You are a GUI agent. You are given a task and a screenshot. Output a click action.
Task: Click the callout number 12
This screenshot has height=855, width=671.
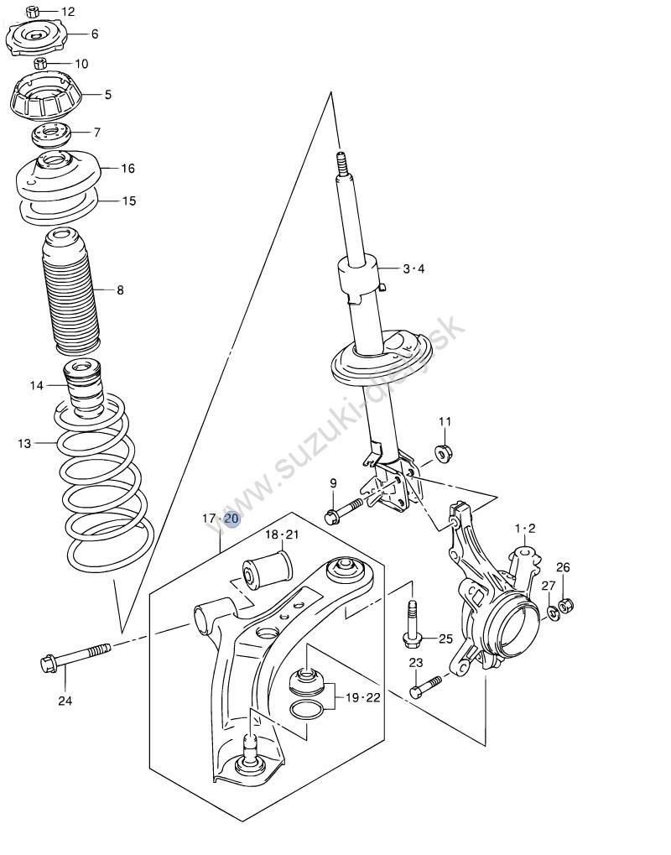click(68, 12)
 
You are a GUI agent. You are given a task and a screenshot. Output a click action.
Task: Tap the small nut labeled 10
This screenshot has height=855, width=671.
click(40, 63)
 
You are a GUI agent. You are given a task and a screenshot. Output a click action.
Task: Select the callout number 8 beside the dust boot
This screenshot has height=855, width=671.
click(120, 290)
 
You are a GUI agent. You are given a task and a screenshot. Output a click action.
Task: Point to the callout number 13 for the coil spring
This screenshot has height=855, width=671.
click(24, 442)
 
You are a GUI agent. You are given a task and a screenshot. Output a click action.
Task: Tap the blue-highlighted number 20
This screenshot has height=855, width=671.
click(231, 519)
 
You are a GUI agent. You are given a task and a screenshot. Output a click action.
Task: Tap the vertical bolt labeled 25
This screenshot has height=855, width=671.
click(412, 625)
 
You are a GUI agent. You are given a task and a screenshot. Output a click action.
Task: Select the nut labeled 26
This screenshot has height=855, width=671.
click(564, 603)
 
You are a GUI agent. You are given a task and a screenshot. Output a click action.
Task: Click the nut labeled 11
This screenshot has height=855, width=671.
click(444, 454)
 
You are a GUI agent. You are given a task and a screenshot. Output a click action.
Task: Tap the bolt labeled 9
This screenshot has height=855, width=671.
click(344, 509)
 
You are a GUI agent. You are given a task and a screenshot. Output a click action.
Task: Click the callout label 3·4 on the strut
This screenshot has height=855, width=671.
click(414, 268)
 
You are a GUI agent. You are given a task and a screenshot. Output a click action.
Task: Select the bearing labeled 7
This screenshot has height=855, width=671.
click(50, 133)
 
